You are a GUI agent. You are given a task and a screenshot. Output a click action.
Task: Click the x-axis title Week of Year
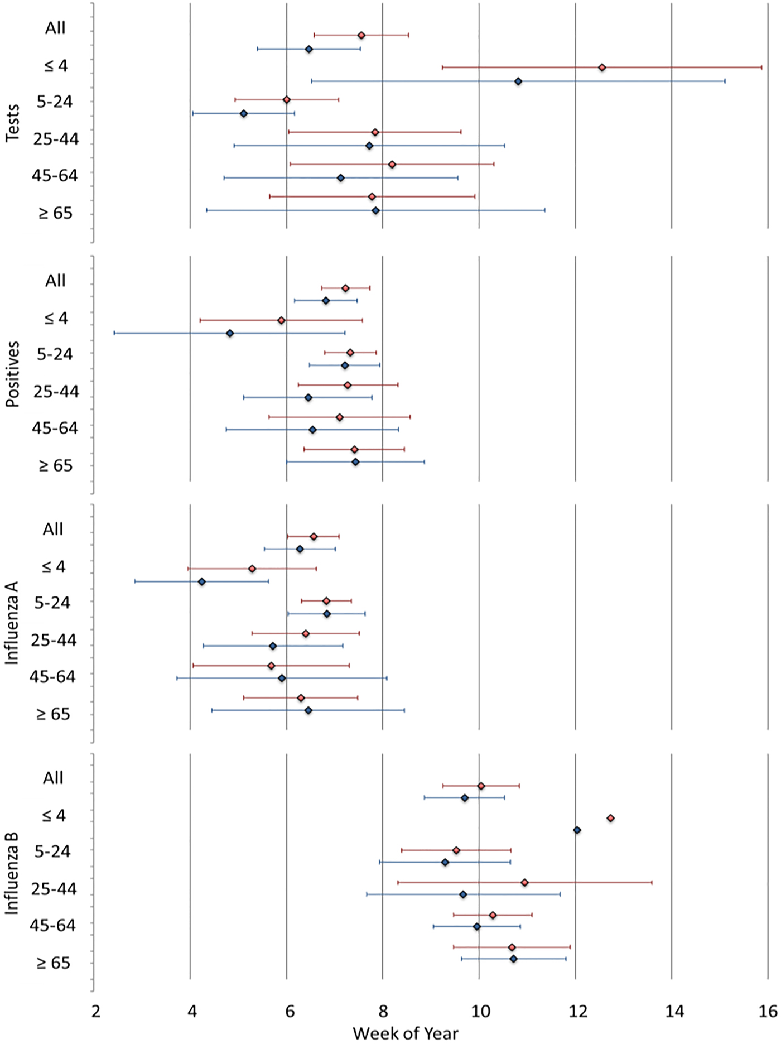(406, 1033)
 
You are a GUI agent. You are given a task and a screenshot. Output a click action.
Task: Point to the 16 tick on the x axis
(768, 1011)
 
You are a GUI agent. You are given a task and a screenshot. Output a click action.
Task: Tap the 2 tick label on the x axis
(96, 1011)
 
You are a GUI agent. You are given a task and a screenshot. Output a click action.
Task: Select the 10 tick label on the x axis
(479, 1011)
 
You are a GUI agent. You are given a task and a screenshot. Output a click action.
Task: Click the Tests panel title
(12, 123)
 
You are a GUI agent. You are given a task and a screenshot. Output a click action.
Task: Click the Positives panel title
(12, 374)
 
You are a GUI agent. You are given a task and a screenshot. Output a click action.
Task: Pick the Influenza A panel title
(12, 623)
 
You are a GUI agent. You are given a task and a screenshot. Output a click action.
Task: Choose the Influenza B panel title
(12, 873)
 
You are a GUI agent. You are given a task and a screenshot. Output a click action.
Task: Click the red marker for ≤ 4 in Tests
(602, 68)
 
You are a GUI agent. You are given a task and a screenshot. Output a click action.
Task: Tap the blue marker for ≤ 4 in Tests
(518, 81)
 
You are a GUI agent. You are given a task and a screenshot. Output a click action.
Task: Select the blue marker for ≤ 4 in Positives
(230, 333)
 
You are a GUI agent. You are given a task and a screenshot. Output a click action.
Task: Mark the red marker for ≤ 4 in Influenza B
(611, 818)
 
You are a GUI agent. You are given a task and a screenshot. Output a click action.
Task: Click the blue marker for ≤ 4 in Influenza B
(577, 830)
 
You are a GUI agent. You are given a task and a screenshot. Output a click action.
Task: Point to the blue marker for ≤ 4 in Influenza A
(202, 582)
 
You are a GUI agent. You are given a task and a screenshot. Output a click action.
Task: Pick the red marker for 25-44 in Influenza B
(524, 882)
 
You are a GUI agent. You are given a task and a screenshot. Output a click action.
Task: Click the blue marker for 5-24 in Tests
(244, 113)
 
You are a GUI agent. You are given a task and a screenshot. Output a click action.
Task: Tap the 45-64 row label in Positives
(55, 428)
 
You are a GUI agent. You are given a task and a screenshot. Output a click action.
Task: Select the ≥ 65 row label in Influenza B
(54, 963)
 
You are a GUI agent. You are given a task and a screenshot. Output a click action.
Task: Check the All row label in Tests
(55, 28)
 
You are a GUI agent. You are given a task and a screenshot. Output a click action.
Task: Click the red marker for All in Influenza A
(314, 536)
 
